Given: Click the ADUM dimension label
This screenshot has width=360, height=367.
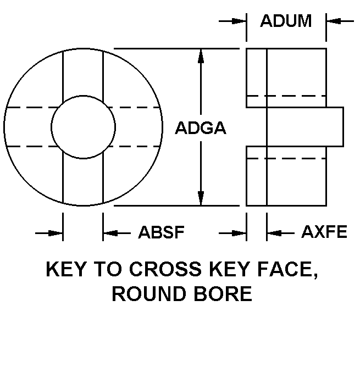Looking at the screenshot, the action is [286, 21].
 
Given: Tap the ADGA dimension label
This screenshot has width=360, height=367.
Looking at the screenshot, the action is [201, 128].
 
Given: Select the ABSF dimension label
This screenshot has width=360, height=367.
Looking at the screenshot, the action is [162, 232].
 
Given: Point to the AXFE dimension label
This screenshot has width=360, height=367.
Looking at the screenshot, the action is [324, 232].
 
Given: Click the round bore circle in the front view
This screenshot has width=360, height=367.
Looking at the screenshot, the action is [51, 127].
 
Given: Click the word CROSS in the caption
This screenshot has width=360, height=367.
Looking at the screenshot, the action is [165, 269].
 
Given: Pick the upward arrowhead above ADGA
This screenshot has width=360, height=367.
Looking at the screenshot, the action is [201, 55].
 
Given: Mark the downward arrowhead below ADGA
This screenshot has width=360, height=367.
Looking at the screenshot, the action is [201, 198].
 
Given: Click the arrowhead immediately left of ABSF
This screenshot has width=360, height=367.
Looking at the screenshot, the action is [110, 233].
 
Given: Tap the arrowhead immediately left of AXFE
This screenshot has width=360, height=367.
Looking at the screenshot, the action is [274, 233].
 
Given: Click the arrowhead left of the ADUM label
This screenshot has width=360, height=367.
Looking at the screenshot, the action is [239, 21].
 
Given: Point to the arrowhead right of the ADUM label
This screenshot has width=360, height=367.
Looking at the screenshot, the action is [334, 21].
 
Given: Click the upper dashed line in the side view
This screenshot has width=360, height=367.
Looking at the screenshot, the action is [286, 96].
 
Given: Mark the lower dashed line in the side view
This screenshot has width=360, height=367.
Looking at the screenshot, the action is [286, 158].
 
